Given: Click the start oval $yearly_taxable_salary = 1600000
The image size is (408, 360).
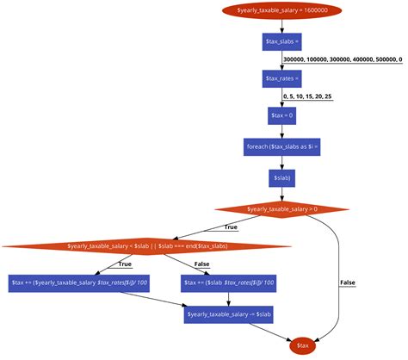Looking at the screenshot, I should pos(281,10).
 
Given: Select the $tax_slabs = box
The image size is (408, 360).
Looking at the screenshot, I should pos(281,41).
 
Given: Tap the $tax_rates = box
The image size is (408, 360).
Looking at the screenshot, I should pos(281,78).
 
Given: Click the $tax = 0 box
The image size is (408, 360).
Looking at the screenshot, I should pos(281,115).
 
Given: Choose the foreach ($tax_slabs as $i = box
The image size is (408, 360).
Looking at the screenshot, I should pos(281,147).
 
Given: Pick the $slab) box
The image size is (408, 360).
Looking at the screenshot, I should pos(281,178).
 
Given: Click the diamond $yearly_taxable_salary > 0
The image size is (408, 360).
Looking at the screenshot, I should pos(281,209).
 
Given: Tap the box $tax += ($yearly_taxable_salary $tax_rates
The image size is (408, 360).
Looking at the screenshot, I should pos(79,282).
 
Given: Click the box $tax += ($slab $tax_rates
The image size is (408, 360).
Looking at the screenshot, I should pos(228,282).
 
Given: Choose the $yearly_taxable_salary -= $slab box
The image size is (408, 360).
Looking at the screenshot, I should pos(228,314).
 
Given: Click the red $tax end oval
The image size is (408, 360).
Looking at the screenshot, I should pos(303,345).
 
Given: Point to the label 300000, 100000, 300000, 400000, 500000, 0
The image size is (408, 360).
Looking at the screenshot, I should pos(343,59).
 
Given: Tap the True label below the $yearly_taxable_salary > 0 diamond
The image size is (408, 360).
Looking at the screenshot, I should pos(230,227).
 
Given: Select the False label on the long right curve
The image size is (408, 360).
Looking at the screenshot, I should pos(347,282).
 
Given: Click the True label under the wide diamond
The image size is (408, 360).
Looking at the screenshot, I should pos(113,264).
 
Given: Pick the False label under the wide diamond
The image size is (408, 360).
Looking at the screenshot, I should pos(201,264).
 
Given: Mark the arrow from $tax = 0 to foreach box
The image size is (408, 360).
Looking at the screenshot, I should pos(281,131).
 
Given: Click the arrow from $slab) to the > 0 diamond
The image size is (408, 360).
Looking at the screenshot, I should pos(281,194).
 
